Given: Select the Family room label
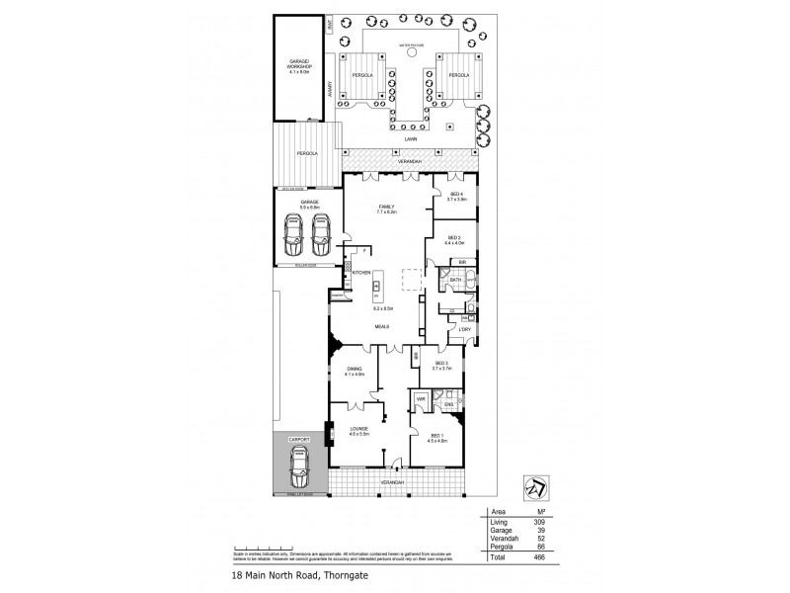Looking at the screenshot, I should pyautogui.click(x=385, y=207).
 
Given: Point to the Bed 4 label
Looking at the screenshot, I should pyautogui.click(x=456, y=194).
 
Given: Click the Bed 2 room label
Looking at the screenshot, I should pyautogui.click(x=454, y=237).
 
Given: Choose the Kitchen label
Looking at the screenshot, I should pyautogui.click(x=362, y=272).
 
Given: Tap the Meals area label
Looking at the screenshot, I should pyautogui.click(x=381, y=325).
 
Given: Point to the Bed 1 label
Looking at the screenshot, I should pyautogui.click(x=436, y=436).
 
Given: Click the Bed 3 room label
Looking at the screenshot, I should pyautogui.click(x=440, y=363).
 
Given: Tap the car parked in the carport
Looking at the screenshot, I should pyautogui.click(x=298, y=466).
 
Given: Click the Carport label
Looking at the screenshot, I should pyautogui.click(x=298, y=438).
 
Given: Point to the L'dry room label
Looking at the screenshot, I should pyautogui.click(x=450, y=329).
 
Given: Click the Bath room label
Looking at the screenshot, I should pyautogui.click(x=456, y=280).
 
